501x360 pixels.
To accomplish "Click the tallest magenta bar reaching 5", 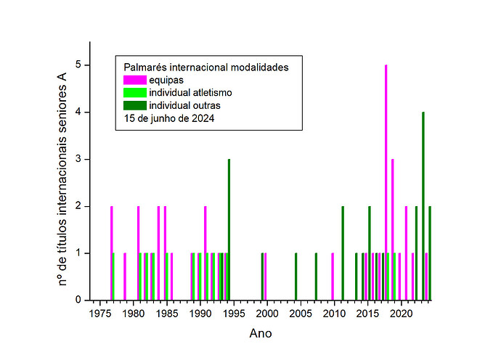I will click(x=386, y=181).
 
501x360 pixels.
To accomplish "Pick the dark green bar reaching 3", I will click(x=229, y=229).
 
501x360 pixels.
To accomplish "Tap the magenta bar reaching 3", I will click(x=392, y=229).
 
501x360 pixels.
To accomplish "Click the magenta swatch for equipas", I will click(x=134, y=80).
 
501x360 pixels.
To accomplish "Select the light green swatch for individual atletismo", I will click(x=134, y=92).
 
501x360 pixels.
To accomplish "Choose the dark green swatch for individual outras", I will click(x=134, y=105).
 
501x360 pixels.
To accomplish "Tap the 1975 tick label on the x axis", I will click(x=99, y=314).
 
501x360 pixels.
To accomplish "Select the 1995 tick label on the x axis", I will click(x=234, y=314).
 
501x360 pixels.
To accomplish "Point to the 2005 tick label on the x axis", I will click(x=301, y=314).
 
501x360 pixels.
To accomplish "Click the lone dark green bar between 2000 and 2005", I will click(x=296, y=277).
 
